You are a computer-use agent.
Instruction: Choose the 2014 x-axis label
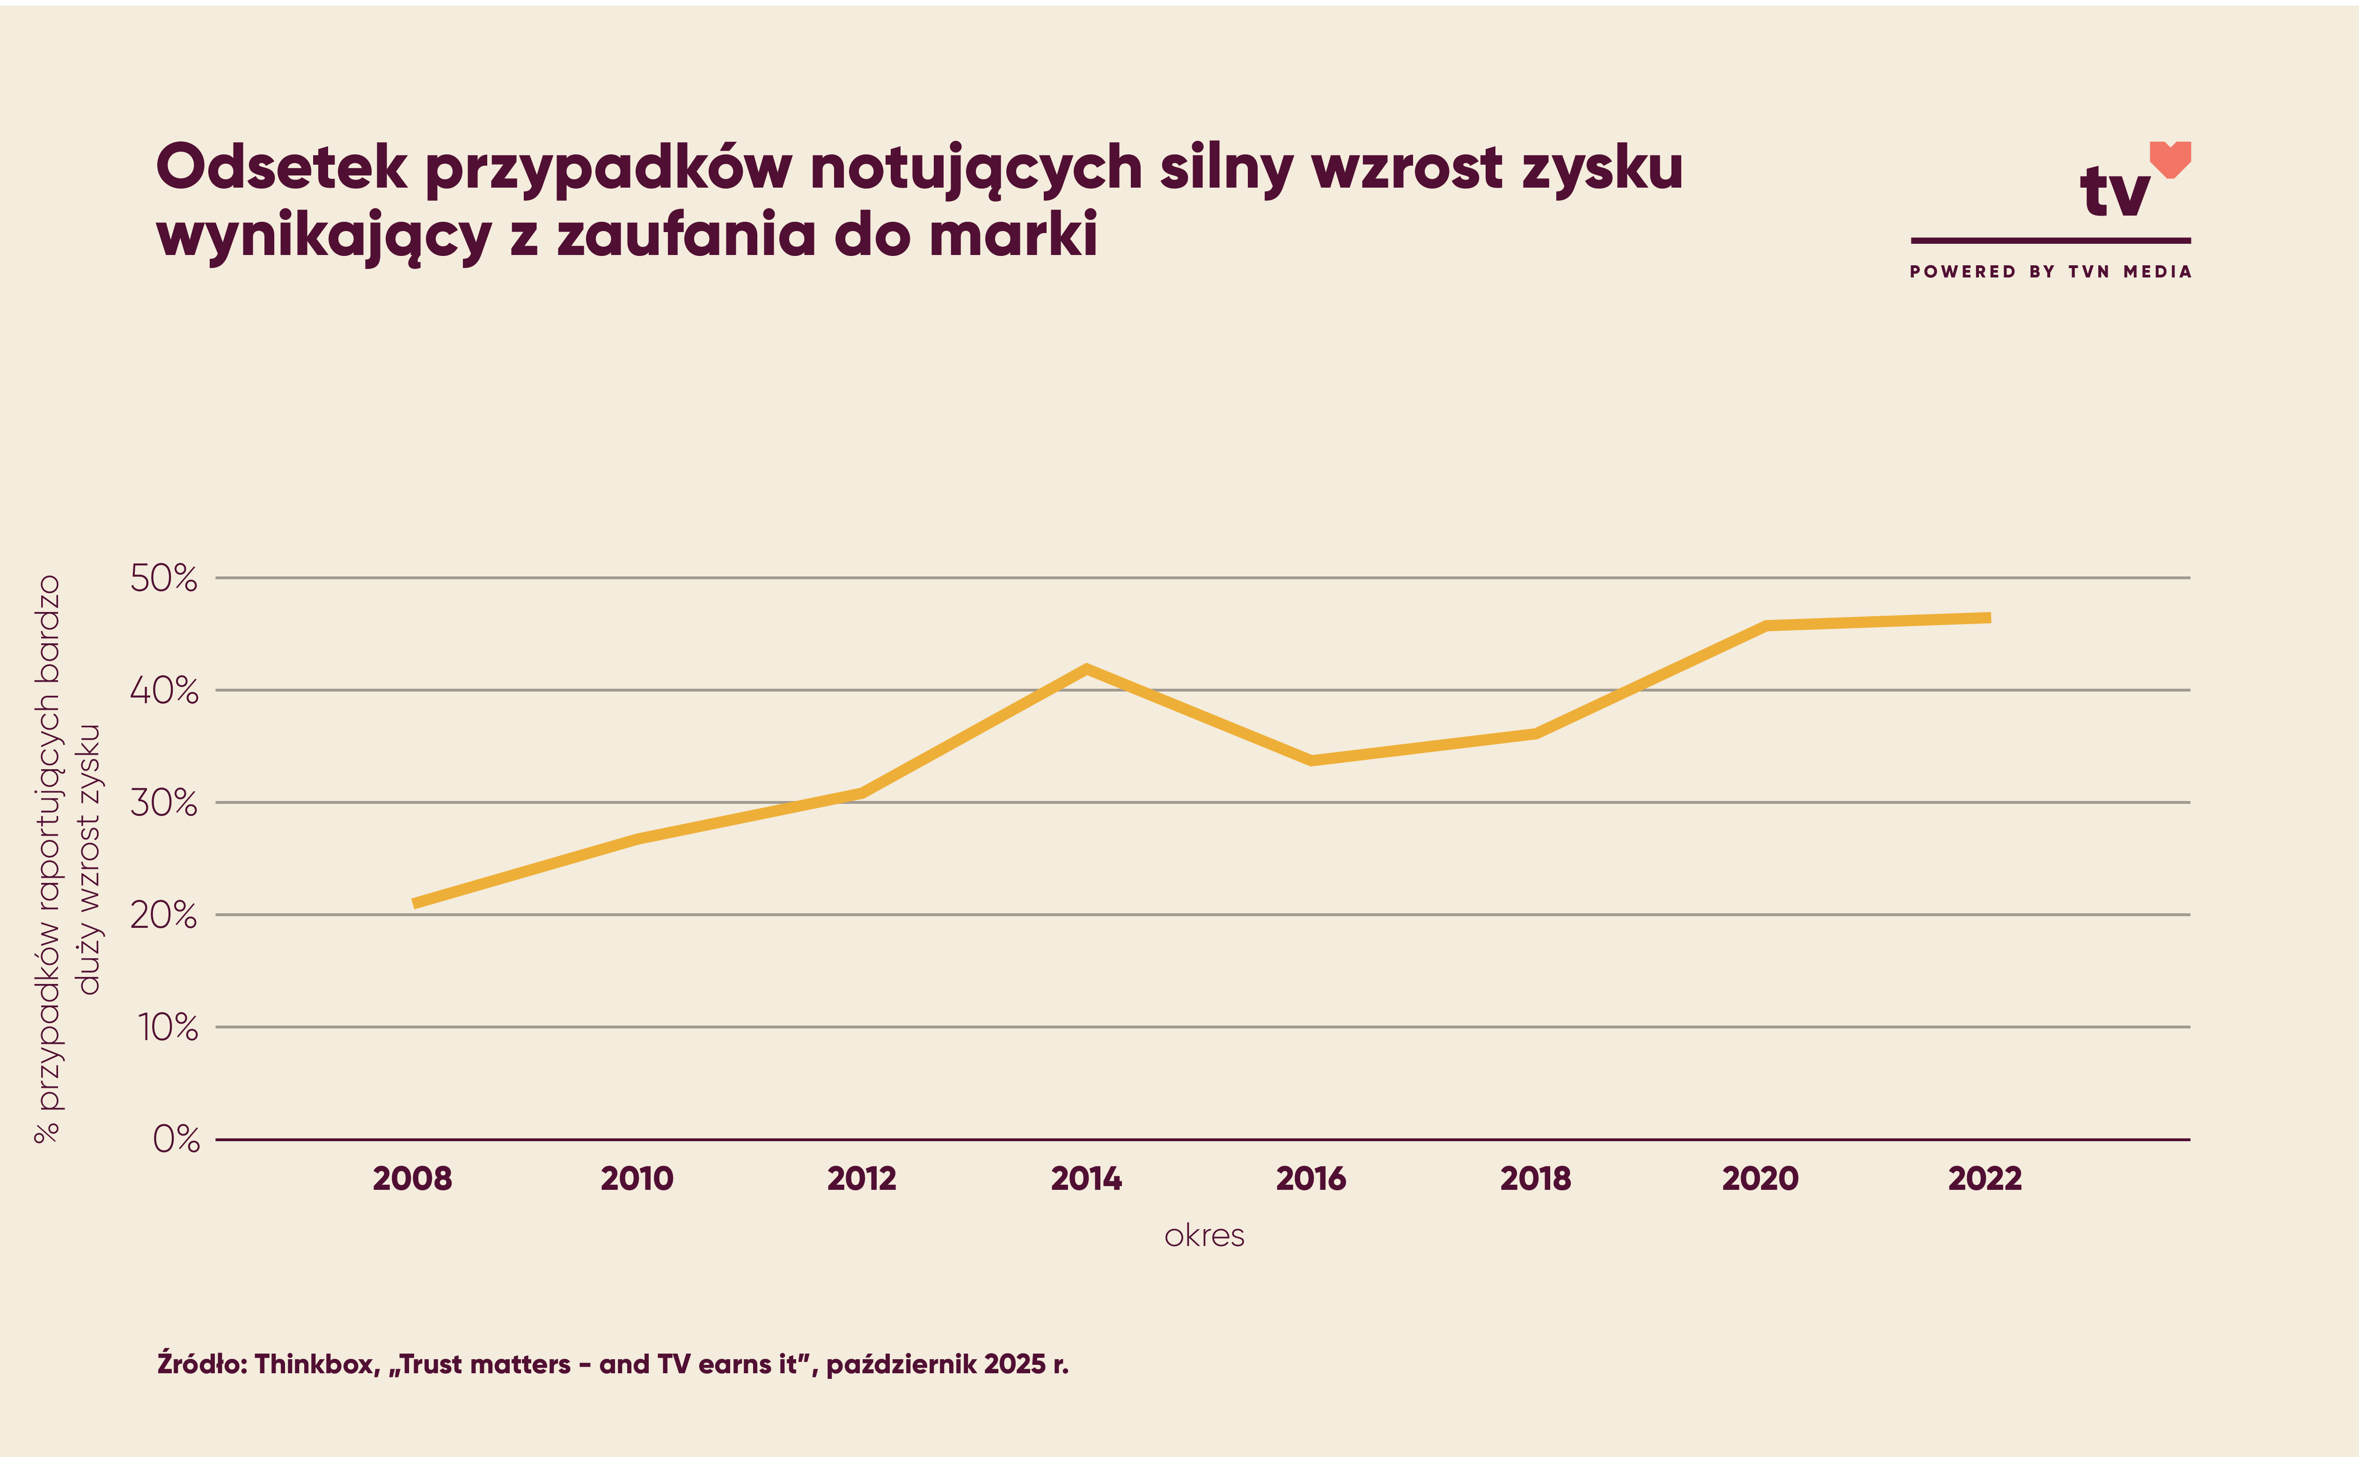(1086, 1179)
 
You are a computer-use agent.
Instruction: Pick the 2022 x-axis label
(1985, 1179)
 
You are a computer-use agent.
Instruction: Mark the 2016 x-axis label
(1311, 1179)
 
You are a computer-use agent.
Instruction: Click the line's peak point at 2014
(1086, 669)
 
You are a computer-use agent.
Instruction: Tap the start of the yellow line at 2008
(415, 903)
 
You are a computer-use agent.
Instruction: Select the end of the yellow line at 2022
(1988, 618)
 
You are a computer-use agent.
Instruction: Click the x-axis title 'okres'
(1204, 1236)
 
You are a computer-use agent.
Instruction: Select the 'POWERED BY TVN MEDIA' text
(2051, 272)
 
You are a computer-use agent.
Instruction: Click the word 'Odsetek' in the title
(281, 168)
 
